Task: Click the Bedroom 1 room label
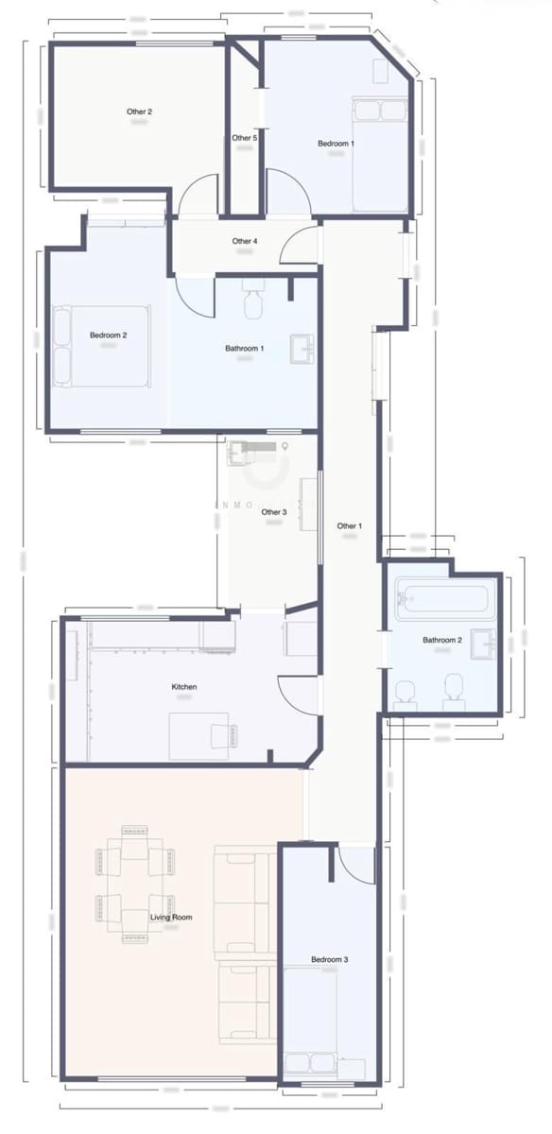[x=336, y=144]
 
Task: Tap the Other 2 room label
[x=139, y=112]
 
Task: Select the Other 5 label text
[x=244, y=138]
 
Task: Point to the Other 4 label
[x=244, y=241]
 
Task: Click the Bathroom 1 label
[x=244, y=349]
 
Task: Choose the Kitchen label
[x=183, y=686]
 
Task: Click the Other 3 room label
[x=273, y=512]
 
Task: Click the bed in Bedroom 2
[x=102, y=345]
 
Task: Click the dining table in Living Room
[x=134, y=884]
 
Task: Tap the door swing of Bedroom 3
[x=357, y=862]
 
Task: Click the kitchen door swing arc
[x=297, y=695]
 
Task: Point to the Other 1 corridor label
[x=348, y=525]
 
